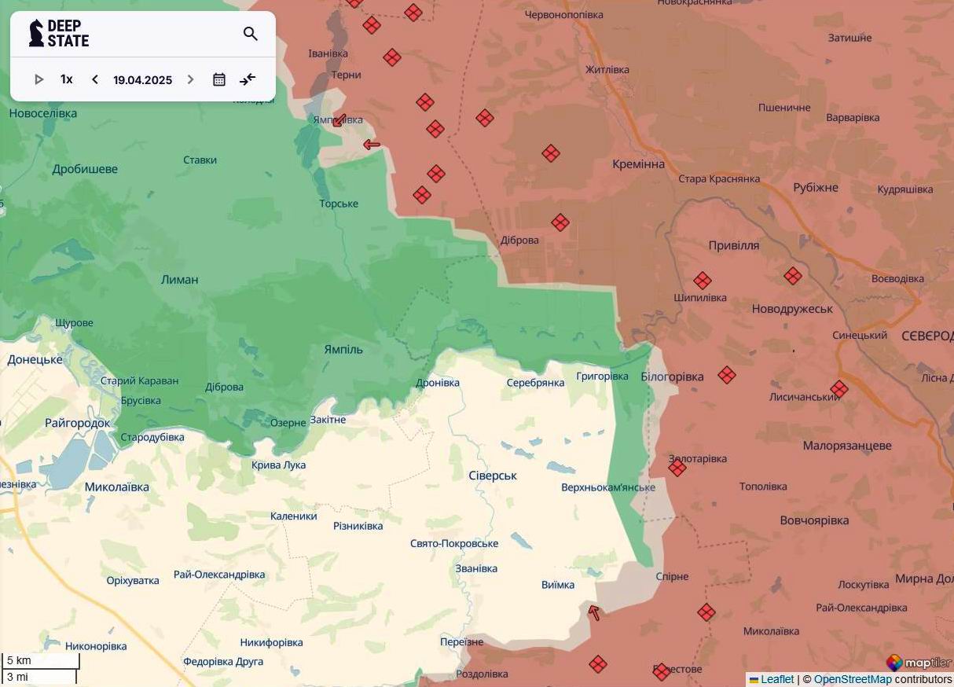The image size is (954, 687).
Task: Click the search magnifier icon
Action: click(251, 34)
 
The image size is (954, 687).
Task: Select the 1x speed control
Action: click(67, 79)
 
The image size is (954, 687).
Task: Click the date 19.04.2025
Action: click(142, 80)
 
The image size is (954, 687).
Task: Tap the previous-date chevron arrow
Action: click(95, 79)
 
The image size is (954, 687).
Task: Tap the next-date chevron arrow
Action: click(190, 79)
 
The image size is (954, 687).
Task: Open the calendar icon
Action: click(219, 79)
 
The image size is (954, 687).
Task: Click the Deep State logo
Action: click(59, 34)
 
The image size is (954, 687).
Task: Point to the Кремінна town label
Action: click(638, 164)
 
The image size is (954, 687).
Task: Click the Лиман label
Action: click(179, 280)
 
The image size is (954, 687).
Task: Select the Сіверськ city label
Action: click(492, 476)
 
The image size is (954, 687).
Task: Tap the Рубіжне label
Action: click(816, 188)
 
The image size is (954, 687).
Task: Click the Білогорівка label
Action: click(672, 377)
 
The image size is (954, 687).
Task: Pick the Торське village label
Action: click(339, 204)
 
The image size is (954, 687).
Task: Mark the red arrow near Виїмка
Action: click(594, 612)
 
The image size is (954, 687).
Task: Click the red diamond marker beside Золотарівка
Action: click(677, 468)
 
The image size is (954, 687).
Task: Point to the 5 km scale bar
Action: click(40, 661)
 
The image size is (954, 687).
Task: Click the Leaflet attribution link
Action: click(776, 679)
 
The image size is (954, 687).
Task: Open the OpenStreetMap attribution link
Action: click(853, 679)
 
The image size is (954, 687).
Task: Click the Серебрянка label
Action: click(535, 383)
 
